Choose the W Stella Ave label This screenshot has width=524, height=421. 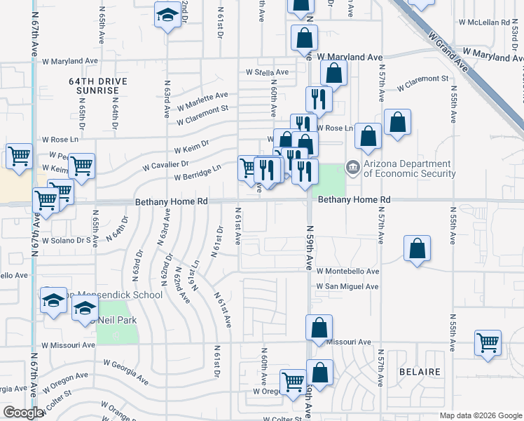pos(267,72)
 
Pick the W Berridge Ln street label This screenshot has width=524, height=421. pos(198,168)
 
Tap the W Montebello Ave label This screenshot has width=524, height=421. pos(347,271)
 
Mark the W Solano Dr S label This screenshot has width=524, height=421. pos(67,240)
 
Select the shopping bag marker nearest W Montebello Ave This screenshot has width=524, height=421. pos(417,249)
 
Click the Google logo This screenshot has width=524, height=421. pos(22,413)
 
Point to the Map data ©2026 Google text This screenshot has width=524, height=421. pos(481,415)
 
